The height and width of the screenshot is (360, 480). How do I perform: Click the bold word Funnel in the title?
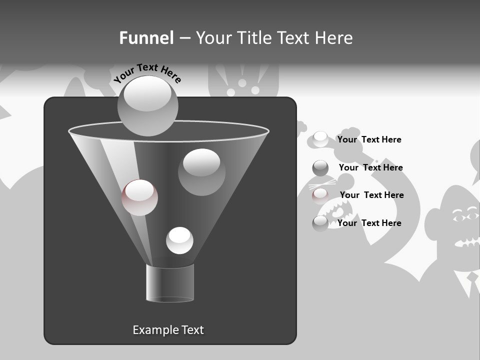click(x=146, y=38)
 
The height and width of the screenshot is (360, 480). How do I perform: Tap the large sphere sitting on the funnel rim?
click(x=148, y=105)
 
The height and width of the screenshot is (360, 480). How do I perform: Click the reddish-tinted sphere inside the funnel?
click(x=139, y=197)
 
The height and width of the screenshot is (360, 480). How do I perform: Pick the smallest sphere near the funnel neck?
click(x=179, y=240)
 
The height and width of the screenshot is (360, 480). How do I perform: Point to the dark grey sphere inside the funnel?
click(x=201, y=172)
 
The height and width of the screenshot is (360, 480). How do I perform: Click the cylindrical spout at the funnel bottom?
click(x=170, y=283)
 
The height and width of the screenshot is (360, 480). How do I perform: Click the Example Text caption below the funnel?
click(x=168, y=330)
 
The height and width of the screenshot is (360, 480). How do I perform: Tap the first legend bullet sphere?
click(x=320, y=139)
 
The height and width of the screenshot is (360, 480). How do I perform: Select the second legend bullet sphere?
click(x=320, y=168)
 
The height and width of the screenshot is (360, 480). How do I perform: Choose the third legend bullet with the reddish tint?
click(x=320, y=195)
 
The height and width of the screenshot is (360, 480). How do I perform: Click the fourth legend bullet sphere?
click(x=320, y=223)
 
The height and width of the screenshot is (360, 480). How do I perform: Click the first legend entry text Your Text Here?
click(x=369, y=139)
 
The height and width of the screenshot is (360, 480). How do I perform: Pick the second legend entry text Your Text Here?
click(x=370, y=167)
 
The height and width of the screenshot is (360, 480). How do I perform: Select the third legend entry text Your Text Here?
click(x=371, y=195)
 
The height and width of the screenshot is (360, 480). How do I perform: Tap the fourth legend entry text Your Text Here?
click(x=369, y=223)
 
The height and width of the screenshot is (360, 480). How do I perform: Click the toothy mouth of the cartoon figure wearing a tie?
click(x=467, y=242)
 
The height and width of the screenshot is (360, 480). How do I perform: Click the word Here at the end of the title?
click(x=334, y=38)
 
